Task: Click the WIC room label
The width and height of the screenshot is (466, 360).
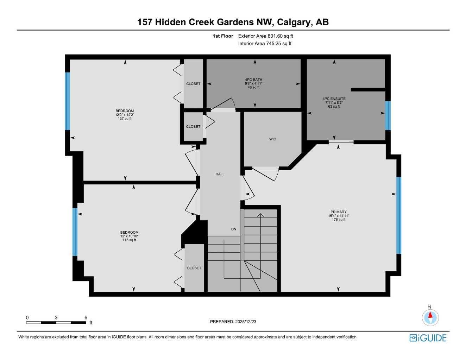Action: point(272,139)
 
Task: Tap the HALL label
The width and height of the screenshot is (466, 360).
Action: point(220,174)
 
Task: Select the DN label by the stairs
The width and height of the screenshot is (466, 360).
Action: point(234,229)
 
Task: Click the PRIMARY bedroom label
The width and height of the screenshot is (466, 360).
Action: point(338,212)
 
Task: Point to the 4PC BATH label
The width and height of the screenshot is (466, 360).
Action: point(253,80)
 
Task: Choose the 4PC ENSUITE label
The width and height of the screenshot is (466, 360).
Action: point(334,99)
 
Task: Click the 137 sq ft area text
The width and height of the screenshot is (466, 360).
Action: point(125,119)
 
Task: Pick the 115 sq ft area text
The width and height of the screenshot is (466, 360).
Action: point(129,240)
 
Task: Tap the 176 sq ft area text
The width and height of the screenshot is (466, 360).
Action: point(338,220)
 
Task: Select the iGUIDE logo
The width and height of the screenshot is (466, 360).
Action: point(428,338)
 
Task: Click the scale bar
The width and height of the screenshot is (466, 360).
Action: point(56,322)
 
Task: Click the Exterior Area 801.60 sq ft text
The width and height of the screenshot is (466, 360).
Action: point(265,36)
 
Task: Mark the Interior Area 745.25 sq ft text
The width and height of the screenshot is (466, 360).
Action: point(265,44)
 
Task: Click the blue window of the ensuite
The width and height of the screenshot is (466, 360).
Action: point(388,115)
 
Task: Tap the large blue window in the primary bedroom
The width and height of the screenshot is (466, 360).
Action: point(399,215)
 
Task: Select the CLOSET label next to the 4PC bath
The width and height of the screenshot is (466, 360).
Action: point(193,84)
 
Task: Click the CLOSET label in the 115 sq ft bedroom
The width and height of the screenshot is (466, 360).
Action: point(194,268)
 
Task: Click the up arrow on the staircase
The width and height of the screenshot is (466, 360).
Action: point(260,215)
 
